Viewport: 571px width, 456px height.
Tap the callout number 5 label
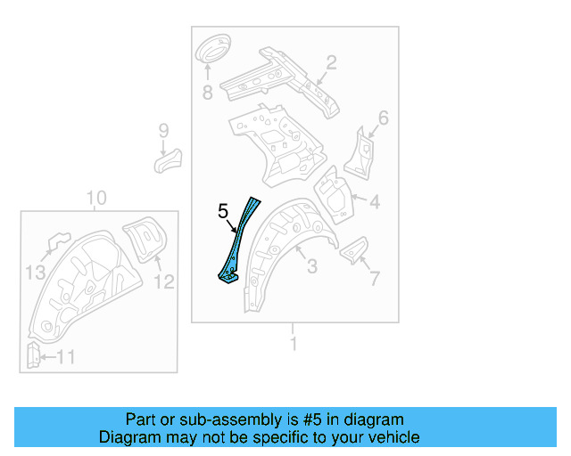click(223, 211)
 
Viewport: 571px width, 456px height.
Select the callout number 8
click(208, 92)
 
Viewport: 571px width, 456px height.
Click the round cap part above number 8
click(211, 49)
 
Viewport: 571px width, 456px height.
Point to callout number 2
click(330, 62)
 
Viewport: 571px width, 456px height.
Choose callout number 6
click(384, 118)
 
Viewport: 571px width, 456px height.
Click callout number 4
click(375, 202)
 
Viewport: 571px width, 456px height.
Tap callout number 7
click(374, 279)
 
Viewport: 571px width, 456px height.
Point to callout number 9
click(163, 131)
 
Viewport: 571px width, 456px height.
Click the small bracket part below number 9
click(167, 161)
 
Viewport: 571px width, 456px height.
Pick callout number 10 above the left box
click(96, 198)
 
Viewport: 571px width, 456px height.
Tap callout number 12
click(165, 281)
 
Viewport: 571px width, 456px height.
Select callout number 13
click(35, 272)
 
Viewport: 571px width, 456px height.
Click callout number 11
click(66, 358)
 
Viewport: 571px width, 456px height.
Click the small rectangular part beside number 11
click(32, 355)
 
